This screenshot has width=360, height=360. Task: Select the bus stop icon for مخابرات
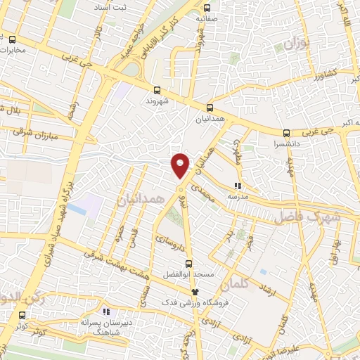13,39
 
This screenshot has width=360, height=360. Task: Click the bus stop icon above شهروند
157,89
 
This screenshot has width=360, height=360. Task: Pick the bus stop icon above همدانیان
208,108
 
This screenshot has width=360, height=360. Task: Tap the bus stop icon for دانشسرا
285,133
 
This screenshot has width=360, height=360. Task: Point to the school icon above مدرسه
237,186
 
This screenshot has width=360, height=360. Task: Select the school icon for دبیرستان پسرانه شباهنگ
105,310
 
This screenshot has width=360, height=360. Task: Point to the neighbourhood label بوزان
296,46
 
